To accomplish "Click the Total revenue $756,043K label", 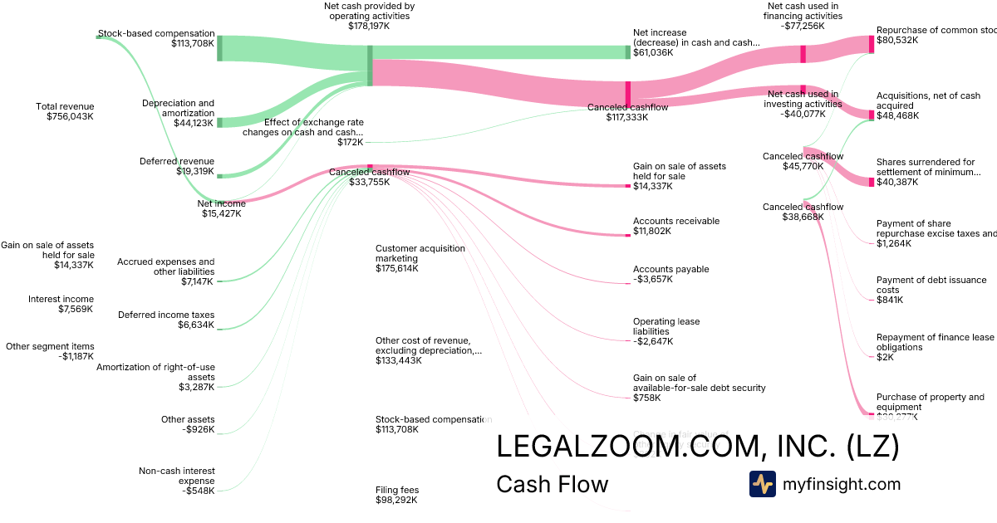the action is (65, 111).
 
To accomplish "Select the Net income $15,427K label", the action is (221, 208).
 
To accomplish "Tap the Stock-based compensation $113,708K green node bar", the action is (219, 48).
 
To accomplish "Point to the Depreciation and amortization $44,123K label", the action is (178, 113).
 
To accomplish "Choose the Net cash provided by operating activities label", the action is (369, 16).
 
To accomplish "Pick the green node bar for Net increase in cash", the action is (628, 52).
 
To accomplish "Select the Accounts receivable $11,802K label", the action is (675, 227).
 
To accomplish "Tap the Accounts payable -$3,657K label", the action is (670, 274).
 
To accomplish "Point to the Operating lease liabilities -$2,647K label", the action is (666, 331).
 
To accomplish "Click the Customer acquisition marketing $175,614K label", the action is (420, 258).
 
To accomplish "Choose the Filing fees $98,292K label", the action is (396, 495).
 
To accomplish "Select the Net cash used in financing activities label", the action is (803, 16).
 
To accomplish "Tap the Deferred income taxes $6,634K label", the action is (166, 320).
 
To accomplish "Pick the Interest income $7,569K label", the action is (61, 304).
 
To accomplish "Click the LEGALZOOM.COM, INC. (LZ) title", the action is (697, 447).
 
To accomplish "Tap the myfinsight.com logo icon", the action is (762, 484).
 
